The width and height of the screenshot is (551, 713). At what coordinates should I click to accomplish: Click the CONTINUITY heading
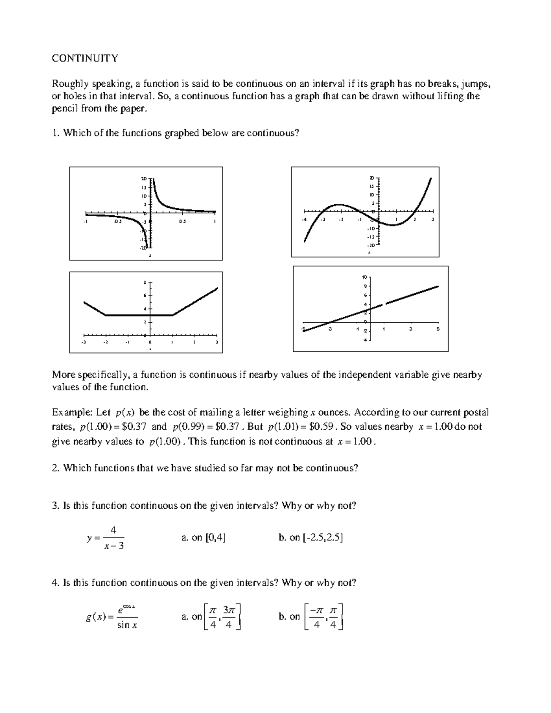tap(85, 58)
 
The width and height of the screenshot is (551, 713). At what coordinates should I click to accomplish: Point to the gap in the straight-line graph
tap(384, 304)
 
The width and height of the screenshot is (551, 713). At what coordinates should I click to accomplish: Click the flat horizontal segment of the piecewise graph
tap(139, 315)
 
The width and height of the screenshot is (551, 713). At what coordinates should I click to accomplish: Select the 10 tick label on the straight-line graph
tap(365, 277)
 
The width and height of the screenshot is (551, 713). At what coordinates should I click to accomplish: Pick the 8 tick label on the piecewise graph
tap(145, 282)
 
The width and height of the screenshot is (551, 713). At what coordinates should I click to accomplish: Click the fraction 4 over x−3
tap(114, 538)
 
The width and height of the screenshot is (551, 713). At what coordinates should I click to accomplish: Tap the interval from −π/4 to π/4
tap(324, 617)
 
